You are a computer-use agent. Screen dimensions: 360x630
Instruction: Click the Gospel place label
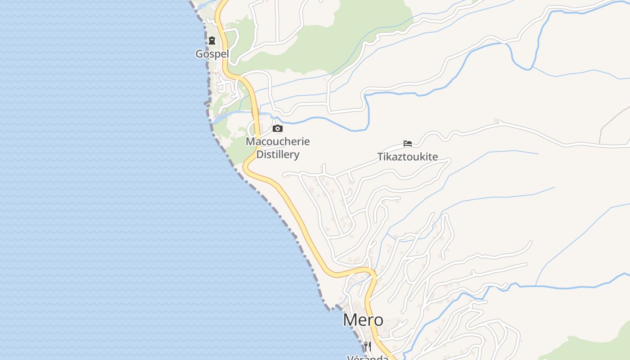point(212,54)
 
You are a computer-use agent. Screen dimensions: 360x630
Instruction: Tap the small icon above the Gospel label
point(211,41)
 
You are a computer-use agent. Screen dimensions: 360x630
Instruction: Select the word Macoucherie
point(278,141)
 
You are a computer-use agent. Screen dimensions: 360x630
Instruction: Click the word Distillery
point(278,155)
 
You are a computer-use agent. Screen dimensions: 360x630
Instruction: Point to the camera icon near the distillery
point(278,129)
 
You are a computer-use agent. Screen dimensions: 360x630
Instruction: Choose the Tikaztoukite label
point(407,157)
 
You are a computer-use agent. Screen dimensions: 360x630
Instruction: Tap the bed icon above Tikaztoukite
point(408,144)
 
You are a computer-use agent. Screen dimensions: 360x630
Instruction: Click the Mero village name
point(363,320)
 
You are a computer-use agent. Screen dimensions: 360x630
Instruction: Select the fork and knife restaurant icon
point(368,346)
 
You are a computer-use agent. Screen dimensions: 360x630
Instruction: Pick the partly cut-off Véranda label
point(368,357)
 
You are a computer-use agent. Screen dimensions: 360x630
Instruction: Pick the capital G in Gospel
point(199,54)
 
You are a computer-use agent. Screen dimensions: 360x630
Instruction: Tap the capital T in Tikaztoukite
point(379,157)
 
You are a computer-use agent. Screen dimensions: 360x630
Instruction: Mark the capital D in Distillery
point(260,155)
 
